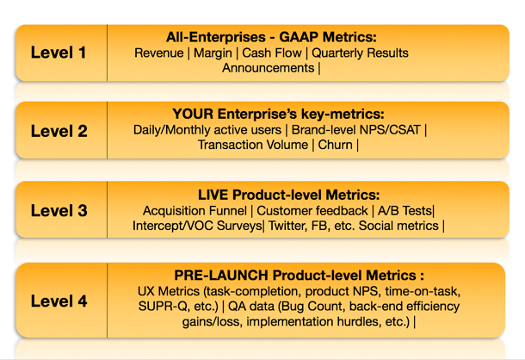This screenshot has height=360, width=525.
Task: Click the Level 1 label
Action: (x=58, y=53)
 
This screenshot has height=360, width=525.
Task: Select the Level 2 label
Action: (x=58, y=131)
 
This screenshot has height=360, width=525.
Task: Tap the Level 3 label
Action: (x=58, y=210)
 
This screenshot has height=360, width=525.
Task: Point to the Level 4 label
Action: (x=58, y=301)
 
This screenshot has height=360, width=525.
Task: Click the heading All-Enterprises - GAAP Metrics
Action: (x=271, y=37)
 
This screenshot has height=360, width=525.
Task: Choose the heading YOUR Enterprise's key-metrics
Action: (x=278, y=115)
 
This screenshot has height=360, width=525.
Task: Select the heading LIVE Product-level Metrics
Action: (x=289, y=195)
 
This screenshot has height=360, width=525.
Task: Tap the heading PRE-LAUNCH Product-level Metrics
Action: (x=299, y=275)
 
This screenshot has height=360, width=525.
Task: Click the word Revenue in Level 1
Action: (x=158, y=53)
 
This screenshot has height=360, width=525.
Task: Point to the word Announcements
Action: (x=268, y=68)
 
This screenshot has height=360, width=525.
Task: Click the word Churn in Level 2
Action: (x=335, y=146)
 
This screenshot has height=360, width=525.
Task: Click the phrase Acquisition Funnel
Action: (x=192, y=210)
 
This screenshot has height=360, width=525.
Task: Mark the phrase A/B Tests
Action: (x=409, y=210)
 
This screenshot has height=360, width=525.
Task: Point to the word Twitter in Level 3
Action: (x=290, y=226)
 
